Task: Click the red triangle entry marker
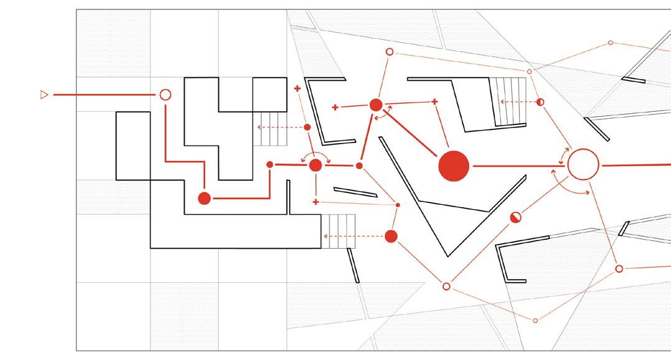tap(44, 95)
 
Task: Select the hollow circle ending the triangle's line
tap(165, 95)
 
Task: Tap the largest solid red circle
tap(453, 166)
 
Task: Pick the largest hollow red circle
tap(583, 165)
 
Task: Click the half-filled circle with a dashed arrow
tap(540, 101)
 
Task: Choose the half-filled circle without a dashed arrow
tap(516, 217)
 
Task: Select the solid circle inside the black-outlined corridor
tap(204, 198)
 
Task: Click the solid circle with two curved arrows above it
tap(315, 165)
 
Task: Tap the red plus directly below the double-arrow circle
tap(316, 202)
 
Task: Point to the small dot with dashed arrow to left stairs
tap(307, 127)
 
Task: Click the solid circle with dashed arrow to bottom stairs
tap(391, 236)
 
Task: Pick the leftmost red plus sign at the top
tap(297, 89)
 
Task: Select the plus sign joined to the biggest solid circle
tap(435, 101)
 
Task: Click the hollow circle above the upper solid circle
tap(390, 52)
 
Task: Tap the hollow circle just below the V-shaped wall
tap(446, 287)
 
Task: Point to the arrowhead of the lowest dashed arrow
tap(325, 236)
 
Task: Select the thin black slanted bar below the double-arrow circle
tap(355, 192)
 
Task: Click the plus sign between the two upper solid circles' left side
tap(335, 108)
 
